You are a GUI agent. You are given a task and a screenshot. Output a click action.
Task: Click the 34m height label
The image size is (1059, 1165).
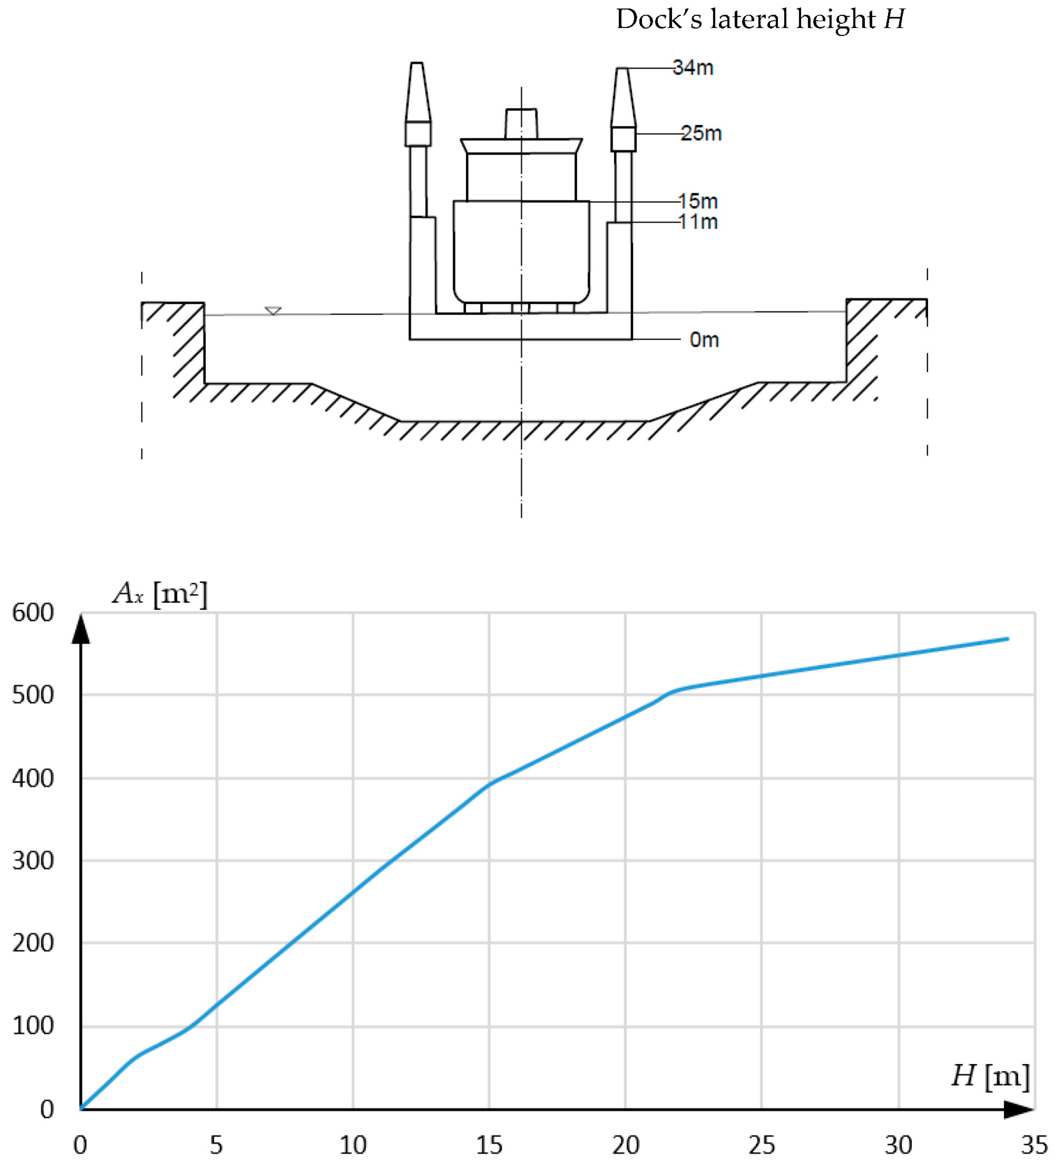[693, 67]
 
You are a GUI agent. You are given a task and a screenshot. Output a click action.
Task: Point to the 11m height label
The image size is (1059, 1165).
[698, 222]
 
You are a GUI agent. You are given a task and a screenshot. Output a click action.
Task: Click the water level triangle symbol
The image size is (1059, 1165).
[273, 311]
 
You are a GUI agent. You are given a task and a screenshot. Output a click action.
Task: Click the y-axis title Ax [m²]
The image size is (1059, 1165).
[160, 593]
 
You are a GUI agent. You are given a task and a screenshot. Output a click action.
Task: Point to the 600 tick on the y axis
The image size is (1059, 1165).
[33, 612]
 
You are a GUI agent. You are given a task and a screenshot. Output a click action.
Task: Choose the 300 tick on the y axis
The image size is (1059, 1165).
[33, 861]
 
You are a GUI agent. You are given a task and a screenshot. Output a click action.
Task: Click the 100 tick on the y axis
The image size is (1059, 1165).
[33, 1026]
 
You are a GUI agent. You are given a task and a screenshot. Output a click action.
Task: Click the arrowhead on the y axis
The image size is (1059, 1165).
[81, 630]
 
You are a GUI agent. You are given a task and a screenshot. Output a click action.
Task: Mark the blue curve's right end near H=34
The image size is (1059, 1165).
[1007, 639]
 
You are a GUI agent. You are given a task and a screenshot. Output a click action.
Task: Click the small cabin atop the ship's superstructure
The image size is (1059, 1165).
[521, 124]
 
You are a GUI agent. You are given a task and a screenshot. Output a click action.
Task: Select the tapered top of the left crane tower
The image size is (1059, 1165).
[417, 92]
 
